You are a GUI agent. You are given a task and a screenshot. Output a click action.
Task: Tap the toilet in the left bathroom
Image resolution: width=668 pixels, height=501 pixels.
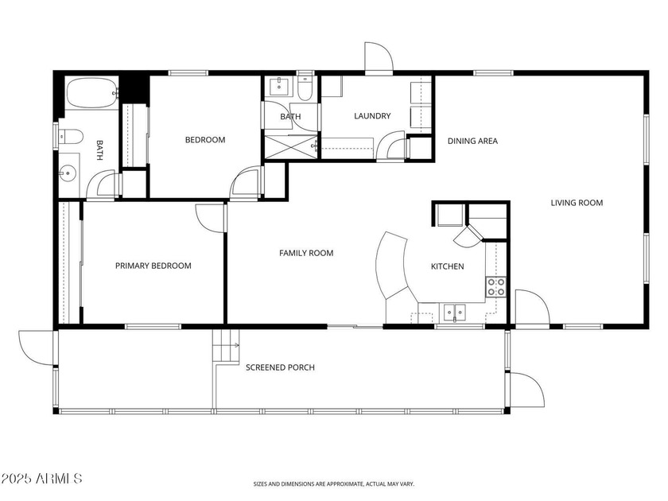point(71,137)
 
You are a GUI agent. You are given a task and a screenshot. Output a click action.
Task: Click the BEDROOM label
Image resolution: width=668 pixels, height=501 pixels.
point(204,140)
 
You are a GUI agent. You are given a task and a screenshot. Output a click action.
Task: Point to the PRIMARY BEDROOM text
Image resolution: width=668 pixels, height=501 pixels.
point(153,266)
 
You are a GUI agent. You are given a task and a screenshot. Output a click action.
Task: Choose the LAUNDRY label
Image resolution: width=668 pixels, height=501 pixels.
point(372,116)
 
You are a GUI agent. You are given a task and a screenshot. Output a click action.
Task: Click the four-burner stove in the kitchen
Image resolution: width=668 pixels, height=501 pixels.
point(496,287)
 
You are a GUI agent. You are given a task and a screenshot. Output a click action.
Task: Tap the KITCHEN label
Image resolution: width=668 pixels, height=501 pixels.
point(447,266)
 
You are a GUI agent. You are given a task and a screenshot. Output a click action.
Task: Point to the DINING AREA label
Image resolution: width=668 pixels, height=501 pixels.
point(472,142)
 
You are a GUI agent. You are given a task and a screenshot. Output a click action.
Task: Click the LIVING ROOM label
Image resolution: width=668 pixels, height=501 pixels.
point(577,203)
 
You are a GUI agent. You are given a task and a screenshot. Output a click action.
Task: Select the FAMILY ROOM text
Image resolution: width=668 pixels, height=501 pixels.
point(305,253)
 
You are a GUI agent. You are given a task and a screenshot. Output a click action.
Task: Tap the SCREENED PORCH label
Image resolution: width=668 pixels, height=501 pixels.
point(280,367)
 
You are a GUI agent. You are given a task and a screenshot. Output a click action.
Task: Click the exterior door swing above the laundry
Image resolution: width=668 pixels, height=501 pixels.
point(377,57)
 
